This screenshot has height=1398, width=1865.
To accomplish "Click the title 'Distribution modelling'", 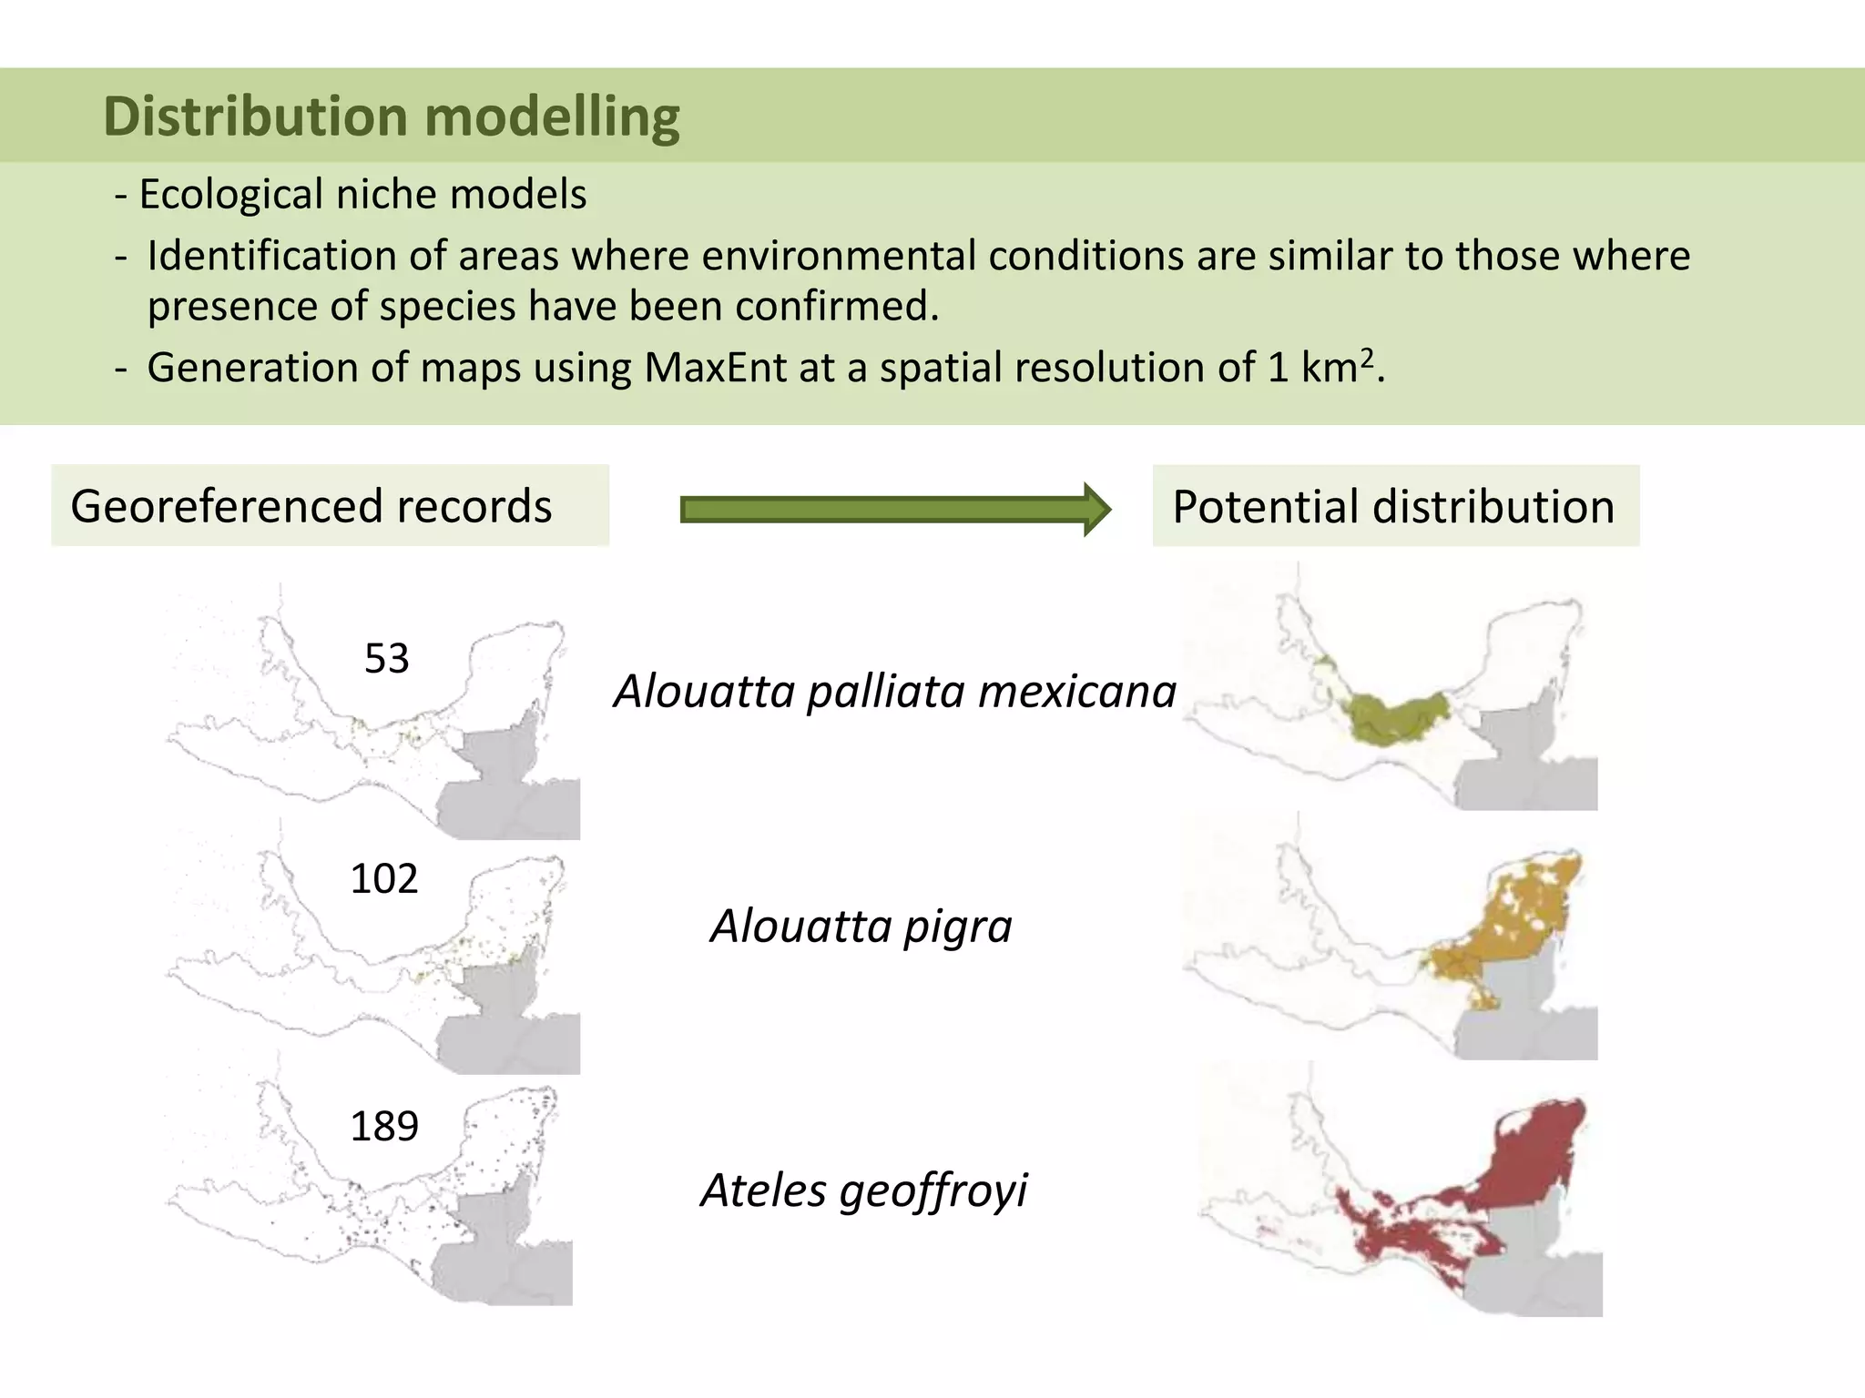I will point(392,116).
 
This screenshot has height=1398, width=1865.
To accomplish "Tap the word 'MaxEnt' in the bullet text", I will point(715,368).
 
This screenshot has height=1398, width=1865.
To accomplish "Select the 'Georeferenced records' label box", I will point(330,506).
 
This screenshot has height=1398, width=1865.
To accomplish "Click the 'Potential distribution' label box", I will point(1395,506).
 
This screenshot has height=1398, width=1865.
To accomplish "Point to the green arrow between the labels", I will point(894,510).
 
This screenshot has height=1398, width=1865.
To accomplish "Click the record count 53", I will point(387,658).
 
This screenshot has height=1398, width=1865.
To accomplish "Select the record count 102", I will point(384,878).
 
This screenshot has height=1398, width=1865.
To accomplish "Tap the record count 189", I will point(384,1126).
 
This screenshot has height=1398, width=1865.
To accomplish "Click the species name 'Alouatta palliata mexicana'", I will point(895,691).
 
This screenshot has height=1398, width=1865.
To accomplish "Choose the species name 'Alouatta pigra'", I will point(861,927).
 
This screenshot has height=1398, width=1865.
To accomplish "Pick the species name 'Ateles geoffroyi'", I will point(864,1190).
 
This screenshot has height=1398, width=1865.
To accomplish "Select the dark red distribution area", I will point(1530,1165).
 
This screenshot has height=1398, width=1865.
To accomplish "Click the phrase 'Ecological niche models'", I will point(362,194).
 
